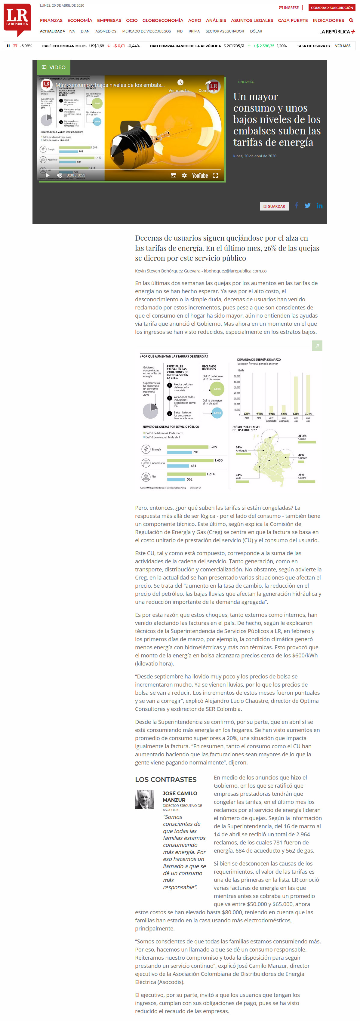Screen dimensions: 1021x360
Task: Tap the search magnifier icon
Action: pos(351,20)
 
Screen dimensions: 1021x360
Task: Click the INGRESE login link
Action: pos(289,8)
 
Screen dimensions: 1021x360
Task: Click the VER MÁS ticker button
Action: pos(343,46)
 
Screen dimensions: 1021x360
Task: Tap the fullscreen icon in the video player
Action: pos(215,175)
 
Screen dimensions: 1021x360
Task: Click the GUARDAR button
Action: pos(274,206)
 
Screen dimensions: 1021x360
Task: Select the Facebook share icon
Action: pos(297,206)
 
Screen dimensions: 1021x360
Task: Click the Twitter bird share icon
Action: pos(308,206)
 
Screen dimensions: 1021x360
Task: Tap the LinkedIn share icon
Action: pos(320,206)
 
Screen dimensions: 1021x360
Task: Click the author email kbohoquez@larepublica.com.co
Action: pos(235,271)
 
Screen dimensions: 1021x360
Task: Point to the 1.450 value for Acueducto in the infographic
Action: pos(218,460)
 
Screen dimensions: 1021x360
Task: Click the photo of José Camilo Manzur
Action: pos(144,799)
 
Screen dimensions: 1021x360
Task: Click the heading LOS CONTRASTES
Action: pos(166,779)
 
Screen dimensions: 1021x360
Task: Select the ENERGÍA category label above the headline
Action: pos(246,82)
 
